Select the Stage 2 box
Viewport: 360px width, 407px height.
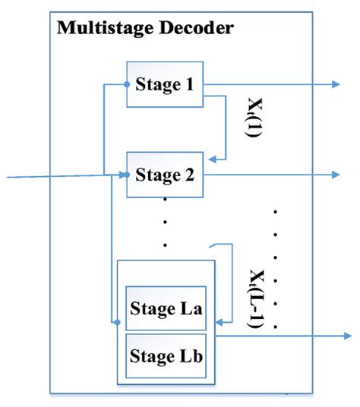[x=164, y=175]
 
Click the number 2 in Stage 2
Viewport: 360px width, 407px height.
[x=190, y=175]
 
